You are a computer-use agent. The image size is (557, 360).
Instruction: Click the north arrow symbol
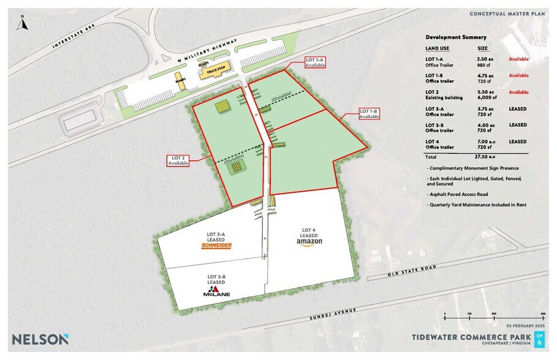[22, 23]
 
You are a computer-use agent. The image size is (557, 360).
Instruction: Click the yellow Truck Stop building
[216, 70]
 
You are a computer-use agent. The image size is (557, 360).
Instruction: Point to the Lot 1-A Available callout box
[315, 62]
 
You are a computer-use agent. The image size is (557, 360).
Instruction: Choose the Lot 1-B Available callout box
[369, 114]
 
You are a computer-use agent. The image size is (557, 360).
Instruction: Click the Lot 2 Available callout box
[178, 161]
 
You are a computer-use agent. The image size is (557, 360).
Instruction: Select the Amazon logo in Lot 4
[308, 242]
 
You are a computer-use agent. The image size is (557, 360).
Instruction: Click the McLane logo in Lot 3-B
[216, 291]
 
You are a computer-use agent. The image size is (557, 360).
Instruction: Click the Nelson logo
[40, 339]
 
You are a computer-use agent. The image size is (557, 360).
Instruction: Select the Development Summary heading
[456, 37]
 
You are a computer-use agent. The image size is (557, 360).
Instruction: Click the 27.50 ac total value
[489, 157]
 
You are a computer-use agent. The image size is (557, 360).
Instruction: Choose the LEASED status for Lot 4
[518, 141]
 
